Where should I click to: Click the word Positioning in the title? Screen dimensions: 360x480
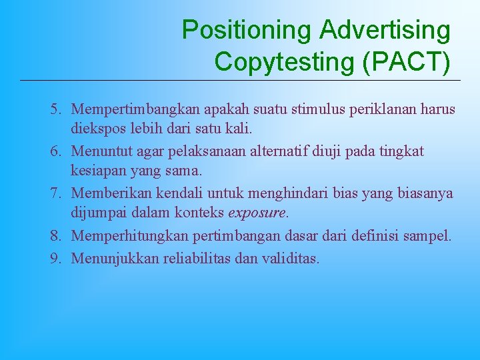click(x=246, y=31)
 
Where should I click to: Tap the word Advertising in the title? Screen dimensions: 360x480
click(x=385, y=31)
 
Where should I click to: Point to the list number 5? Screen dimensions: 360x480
click(x=56, y=109)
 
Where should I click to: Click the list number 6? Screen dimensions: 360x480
click(x=56, y=151)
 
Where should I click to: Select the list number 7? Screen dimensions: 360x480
click(x=56, y=194)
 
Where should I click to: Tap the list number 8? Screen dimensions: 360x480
click(x=56, y=236)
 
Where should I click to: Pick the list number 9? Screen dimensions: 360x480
click(x=56, y=257)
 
